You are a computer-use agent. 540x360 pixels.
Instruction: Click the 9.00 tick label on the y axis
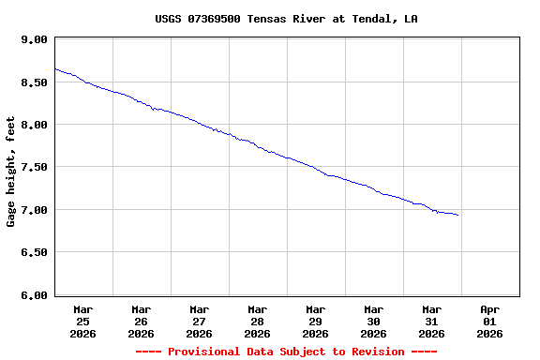(34, 39)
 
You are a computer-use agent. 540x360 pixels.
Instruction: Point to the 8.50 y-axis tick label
(34, 82)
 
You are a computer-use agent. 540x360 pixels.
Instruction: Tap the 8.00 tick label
(34, 125)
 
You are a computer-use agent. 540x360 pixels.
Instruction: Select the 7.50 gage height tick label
(34, 167)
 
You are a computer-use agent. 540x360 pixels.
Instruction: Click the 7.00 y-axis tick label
(34, 210)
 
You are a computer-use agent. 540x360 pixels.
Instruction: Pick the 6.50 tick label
(34, 252)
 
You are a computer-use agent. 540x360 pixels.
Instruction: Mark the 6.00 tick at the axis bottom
(34, 294)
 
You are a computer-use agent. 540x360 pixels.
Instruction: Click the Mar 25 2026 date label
(82, 321)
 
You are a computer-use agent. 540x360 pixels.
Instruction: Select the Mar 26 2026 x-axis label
(141, 321)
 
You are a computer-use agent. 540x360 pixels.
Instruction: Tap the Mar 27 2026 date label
(199, 321)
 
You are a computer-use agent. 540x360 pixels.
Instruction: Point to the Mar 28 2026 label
(257, 321)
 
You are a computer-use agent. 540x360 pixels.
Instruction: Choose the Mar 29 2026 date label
(315, 321)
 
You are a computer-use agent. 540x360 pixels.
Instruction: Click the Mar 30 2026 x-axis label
(373, 321)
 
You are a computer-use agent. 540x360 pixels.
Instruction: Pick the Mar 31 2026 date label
(431, 321)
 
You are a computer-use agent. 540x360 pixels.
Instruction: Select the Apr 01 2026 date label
(489, 321)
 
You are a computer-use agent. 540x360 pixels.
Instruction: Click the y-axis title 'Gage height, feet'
(11, 172)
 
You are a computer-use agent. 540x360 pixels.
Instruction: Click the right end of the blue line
(457, 216)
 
